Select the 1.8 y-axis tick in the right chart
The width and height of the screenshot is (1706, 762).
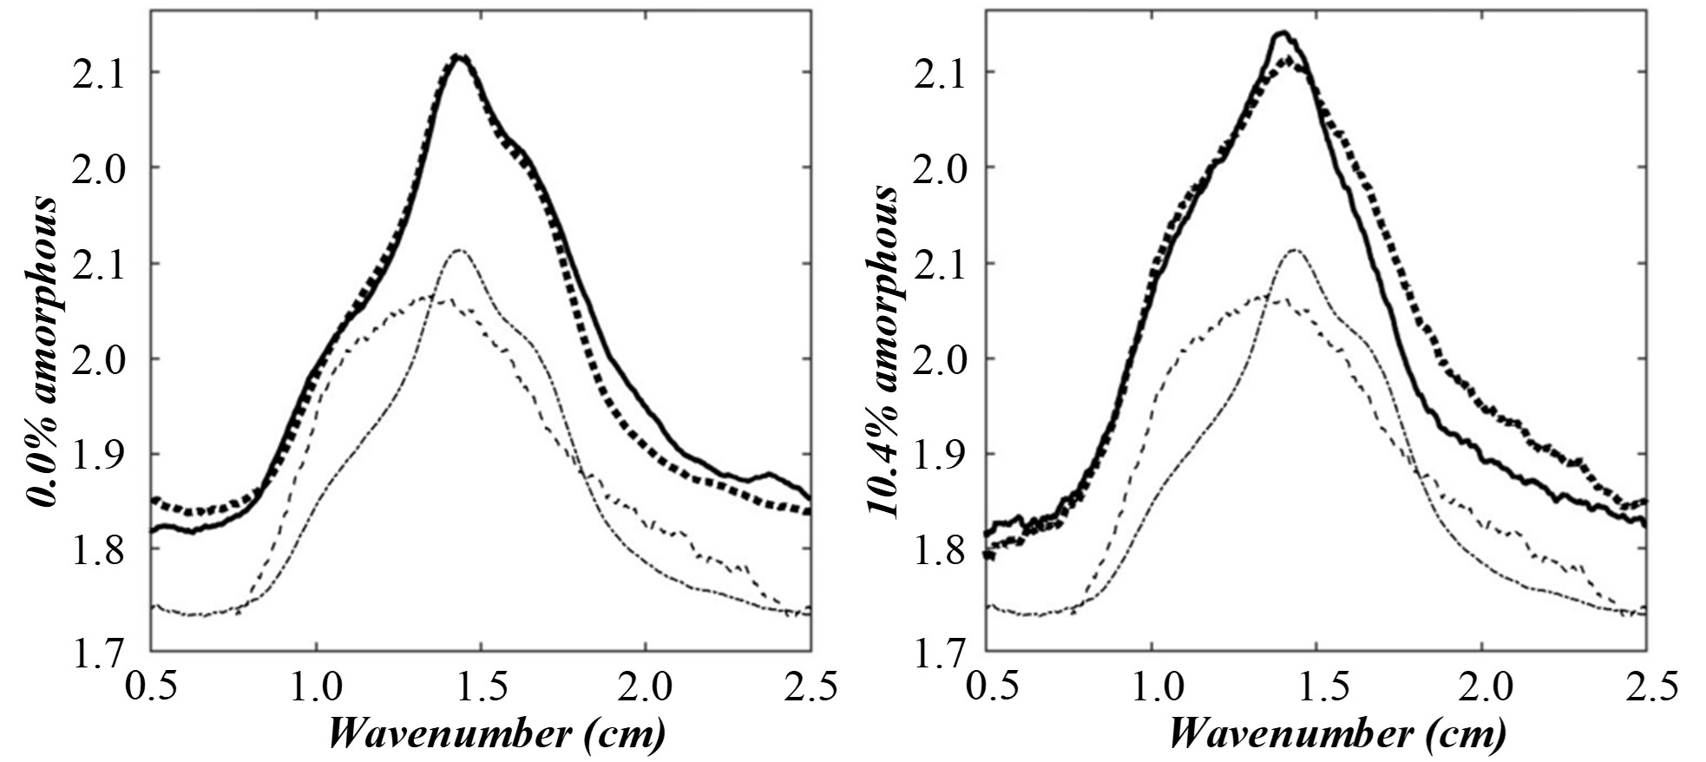click(936, 549)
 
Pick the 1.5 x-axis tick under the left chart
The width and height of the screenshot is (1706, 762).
click(482, 687)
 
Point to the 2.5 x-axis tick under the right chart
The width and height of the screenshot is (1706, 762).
click(1646, 687)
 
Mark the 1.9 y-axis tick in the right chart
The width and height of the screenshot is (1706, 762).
click(936, 454)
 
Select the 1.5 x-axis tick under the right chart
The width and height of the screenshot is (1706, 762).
click(1317, 687)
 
